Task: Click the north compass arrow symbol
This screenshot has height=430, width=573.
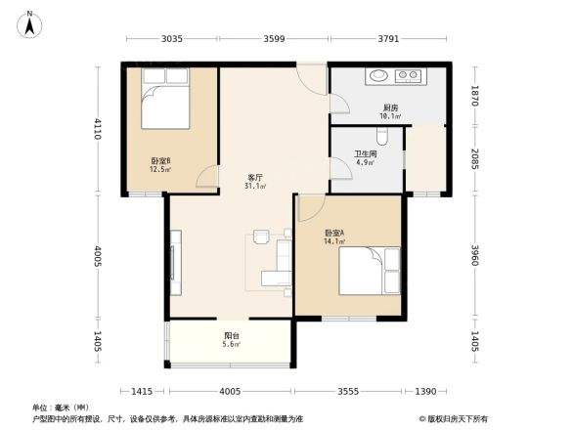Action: click(x=30, y=23)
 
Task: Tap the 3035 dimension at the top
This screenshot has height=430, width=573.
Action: click(x=172, y=39)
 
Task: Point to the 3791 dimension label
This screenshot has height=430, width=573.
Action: click(x=388, y=39)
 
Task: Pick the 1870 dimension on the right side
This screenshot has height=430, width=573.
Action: click(x=474, y=96)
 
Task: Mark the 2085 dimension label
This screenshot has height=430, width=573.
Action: click(x=474, y=159)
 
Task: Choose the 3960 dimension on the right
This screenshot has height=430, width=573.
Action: click(x=474, y=256)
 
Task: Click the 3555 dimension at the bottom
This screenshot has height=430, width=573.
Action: click(x=348, y=391)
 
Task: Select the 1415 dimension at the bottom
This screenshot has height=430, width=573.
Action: click(x=143, y=391)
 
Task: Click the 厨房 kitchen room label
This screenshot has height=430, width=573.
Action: click(x=389, y=108)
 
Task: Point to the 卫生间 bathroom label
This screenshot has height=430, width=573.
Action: click(x=366, y=154)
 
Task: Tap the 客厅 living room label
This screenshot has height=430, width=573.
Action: click(x=255, y=178)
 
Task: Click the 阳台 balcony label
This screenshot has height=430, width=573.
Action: click(x=231, y=336)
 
